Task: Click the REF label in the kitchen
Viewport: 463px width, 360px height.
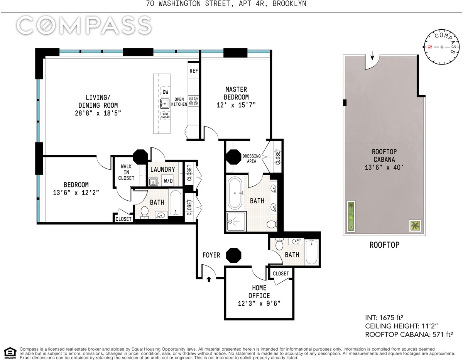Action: (x=194, y=71)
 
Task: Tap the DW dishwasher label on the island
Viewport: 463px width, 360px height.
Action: (x=166, y=92)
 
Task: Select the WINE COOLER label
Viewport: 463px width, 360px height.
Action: (x=166, y=115)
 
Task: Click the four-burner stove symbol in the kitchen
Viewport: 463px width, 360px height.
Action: (x=193, y=101)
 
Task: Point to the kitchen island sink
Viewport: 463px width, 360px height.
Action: (x=165, y=104)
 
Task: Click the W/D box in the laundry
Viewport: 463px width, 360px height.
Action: (x=168, y=181)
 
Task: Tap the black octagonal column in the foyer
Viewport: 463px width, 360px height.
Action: (x=233, y=255)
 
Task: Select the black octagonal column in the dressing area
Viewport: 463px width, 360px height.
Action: (x=233, y=157)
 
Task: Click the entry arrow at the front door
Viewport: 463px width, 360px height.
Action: (x=209, y=279)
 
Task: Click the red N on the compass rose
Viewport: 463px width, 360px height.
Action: (x=430, y=47)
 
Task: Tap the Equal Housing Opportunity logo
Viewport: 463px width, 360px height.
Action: (x=10, y=353)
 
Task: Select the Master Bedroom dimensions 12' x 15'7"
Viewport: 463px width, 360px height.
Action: (x=236, y=105)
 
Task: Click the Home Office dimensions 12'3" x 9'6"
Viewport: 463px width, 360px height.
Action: (x=259, y=303)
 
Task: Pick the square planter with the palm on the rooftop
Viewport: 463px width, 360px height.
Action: (x=415, y=226)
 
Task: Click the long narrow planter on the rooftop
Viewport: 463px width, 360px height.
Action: (x=351, y=216)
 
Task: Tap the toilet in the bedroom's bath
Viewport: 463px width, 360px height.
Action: (x=145, y=212)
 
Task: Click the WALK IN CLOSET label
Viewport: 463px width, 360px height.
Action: (x=126, y=172)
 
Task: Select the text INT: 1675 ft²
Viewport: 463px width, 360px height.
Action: (x=384, y=318)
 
